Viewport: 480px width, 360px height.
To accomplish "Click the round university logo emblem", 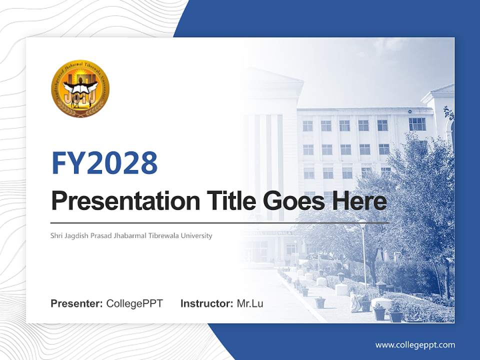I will click(80, 88).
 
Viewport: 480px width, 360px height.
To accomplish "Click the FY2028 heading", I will click(104, 162).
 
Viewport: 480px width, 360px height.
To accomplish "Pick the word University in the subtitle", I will click(196, 235).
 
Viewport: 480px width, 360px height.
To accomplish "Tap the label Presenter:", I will click(77, 303).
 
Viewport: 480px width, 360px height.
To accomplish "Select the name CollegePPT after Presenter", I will click(134, 303).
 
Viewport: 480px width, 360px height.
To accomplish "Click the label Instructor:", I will click(207, 303).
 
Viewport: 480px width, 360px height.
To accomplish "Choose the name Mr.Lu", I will click(250, 303).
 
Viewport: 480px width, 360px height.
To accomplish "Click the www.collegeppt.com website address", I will click(415, 345).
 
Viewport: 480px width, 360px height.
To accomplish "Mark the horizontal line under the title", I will click(220, 222).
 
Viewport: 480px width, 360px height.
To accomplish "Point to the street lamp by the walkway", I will click(363, 250).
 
